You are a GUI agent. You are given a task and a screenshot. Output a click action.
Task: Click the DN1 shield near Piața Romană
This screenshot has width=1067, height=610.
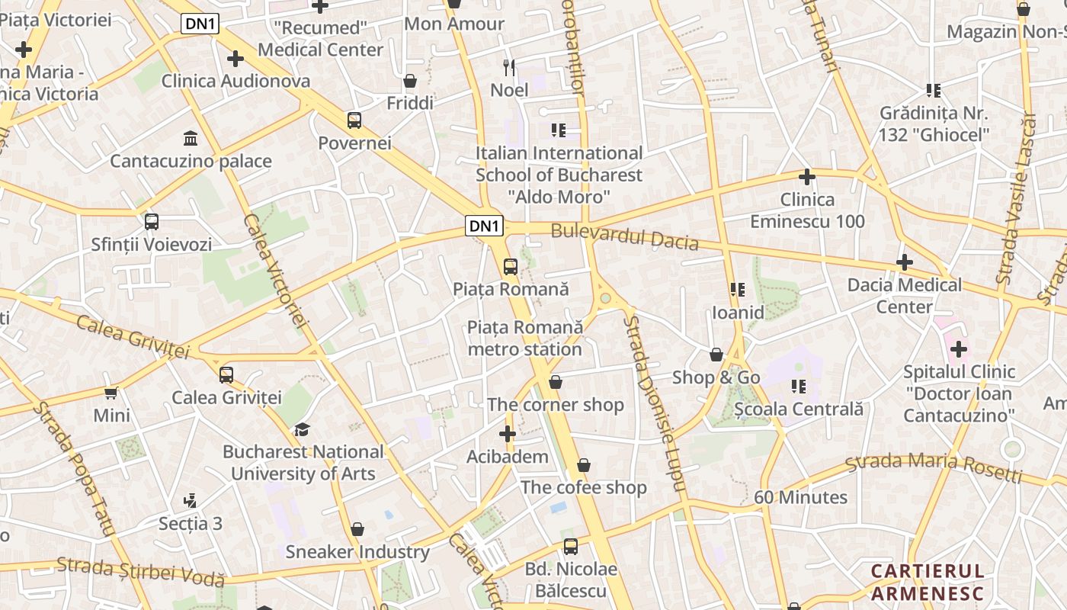[x=485, y=226]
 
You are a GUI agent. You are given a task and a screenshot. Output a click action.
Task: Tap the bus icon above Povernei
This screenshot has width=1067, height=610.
[x=354, y=120]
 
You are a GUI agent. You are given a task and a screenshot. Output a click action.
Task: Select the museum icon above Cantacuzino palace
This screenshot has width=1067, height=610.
[x=191, y=138]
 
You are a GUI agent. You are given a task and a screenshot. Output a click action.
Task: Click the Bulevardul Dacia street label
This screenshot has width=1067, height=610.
[x=624, y=236]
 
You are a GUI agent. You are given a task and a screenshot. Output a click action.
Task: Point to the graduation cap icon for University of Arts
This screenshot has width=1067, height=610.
[x=303, y=429]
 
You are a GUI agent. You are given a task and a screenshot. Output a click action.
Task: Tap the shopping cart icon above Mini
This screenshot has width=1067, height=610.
[x=111, y=393]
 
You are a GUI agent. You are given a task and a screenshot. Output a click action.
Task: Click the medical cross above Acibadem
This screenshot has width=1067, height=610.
[x=508, y=434]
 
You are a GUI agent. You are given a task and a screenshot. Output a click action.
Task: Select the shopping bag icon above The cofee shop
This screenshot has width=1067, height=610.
[x=584, y=464]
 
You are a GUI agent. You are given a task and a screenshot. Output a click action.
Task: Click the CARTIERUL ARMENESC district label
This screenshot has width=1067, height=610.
[x=928, y=582]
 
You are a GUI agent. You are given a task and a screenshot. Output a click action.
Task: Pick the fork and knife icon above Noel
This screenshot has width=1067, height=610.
[x=509, y=67]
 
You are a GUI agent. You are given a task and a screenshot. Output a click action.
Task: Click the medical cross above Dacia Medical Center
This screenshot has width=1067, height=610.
[x=905, y=262]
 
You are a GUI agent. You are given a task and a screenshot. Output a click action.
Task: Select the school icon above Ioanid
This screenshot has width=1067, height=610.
[x=737, y=290]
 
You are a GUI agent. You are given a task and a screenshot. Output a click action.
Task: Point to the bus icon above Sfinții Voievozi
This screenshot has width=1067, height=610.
[x=152, y=222]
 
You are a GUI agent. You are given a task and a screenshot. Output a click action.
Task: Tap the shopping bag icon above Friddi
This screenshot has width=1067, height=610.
[x=410, y=81]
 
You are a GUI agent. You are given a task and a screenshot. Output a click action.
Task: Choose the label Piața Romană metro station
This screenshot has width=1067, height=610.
[x=525, y=338]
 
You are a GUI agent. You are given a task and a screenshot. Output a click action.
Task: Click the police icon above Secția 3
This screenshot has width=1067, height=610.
[x=191, y=501]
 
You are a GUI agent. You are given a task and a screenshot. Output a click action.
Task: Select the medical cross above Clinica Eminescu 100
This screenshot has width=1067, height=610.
[x=807, y=177]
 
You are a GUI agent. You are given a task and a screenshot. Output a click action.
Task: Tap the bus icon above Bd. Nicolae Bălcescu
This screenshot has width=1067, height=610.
[x=571, y=546]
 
